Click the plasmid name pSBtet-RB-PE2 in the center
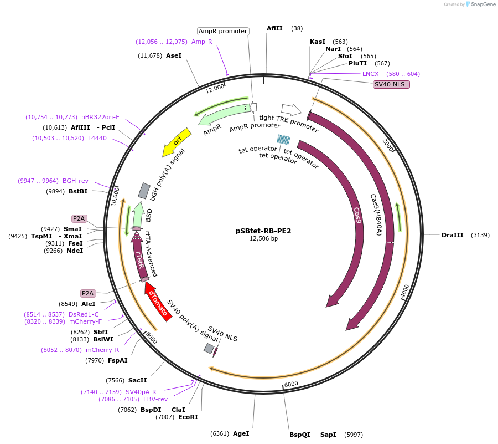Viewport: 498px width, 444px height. point(263,231)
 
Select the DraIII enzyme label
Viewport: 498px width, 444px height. point(453,235)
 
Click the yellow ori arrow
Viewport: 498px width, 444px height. point(177,142)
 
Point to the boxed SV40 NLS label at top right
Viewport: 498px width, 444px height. point(391,84)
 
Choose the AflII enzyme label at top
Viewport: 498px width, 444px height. point(275,28)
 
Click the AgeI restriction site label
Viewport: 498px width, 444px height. point(241,433)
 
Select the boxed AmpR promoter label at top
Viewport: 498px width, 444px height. point(223,32)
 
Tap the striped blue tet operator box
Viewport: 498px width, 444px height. point(284,140)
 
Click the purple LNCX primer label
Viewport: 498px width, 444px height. point(371,74)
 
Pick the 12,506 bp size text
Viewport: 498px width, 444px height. point(263,239)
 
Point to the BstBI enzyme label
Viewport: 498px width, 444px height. point(78,191)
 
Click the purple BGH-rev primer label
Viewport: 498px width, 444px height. point(75,181)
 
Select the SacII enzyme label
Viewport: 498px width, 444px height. point(137,380)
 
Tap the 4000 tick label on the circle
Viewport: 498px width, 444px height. point(404,290)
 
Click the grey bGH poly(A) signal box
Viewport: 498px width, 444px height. point(144,191)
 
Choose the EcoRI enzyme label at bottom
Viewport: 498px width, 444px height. point(189,417)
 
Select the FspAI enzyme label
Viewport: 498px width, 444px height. point(118,360)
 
